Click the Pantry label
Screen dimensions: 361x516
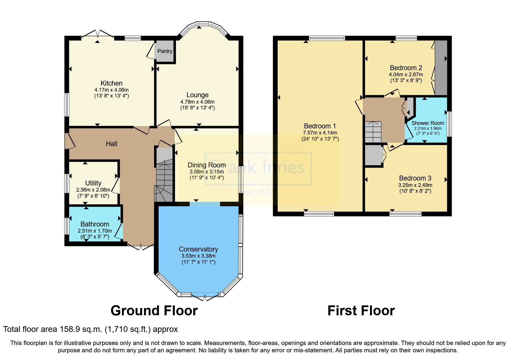[x=165, y=51]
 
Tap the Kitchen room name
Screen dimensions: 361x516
[x=111, y=83]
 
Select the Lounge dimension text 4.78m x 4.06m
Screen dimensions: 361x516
[x=197, y=102]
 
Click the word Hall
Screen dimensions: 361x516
[x=111, y=144]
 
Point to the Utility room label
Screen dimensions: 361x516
[x=93, y=183]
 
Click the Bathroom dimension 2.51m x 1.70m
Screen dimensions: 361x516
[x=95, y=231]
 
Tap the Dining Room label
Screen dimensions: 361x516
[x=207, y=165]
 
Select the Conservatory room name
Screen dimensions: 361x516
[x=198, y=249]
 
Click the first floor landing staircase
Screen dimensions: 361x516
[x=373, y=132]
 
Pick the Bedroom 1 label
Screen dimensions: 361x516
[x=320, y=126]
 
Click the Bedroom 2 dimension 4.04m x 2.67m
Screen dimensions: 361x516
[x=406, y=75]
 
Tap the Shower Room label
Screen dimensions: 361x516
[x=427, y=123]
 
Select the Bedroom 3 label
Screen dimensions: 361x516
[x=415, y=178]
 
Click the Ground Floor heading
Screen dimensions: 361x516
[x=154, y=311]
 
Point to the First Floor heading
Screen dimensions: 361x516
[x=361, y=311]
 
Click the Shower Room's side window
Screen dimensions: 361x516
[x=449, y=124]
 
